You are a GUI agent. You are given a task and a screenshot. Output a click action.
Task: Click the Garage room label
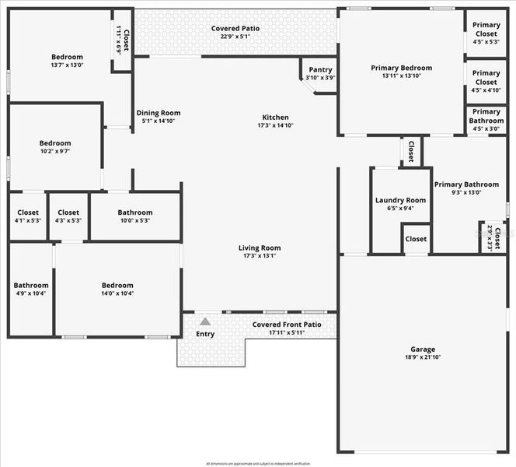pyautogui.click(x=423, y=349)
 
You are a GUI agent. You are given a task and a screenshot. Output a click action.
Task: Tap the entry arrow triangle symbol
pyautogui.click(x=204, y=321)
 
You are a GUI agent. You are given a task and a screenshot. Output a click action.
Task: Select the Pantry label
pyautogui.click(x=320, y=70)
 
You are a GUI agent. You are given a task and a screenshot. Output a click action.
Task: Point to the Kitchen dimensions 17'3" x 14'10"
pyautogui.click(x=276, y=125)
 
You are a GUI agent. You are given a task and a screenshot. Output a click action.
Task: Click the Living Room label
pyautogui.click(x=260, y=248)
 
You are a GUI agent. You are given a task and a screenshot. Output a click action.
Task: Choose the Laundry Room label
pyautogui.click(x=400, y=200)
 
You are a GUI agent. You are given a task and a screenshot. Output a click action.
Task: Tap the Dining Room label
pyautogui.click(x=159, y=113)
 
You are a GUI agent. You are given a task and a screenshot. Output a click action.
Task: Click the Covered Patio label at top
pyautogui.click(x=235, y=29)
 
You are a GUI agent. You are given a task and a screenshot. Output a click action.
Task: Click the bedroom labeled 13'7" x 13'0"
pyautogui.click(x=67, y=57)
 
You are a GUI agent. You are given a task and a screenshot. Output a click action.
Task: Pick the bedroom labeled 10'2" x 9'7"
pyautogui.click(x=55, y=143)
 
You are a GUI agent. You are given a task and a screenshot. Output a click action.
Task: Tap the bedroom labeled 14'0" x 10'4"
pyautogui.click(x=117, y=285)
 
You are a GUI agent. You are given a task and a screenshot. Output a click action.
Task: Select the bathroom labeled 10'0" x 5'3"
pyautogui.click(x=134, y=212)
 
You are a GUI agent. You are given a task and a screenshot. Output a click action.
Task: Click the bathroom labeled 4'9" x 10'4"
pyautogui.click(x=30, y=286)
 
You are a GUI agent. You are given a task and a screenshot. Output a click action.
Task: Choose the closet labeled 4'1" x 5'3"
pyautogui.click(x=28, y=212)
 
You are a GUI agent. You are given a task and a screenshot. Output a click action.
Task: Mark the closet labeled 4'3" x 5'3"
pyautogui.click(x=68, y=212)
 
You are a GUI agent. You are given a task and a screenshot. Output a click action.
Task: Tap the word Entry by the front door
pyautogui.click(x=205, y=334)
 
